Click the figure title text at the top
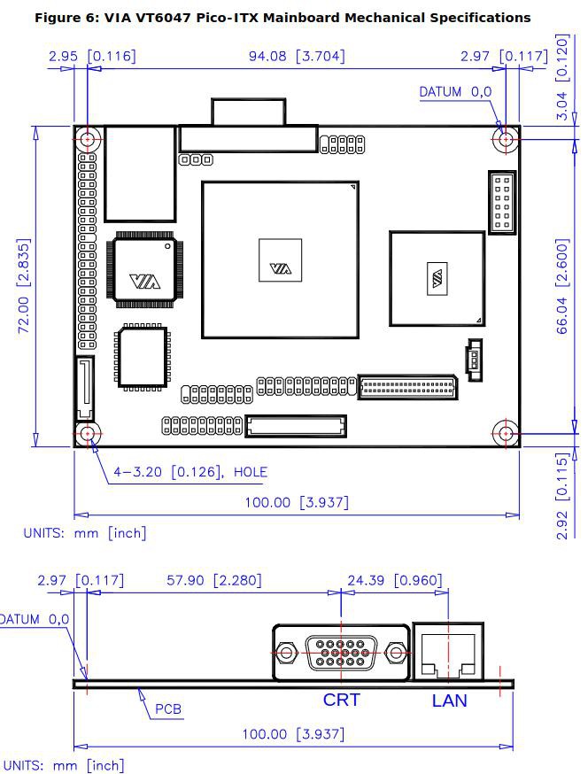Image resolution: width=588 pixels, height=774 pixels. (282, 19)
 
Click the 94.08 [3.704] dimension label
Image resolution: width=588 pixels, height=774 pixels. (297, 57)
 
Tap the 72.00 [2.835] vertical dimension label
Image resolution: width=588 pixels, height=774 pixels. (24, 286)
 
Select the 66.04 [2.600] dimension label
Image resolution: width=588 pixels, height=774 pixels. (562, 286)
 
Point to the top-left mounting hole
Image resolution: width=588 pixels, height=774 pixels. (88, 139)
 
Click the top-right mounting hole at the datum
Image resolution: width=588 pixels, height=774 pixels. (505, 139)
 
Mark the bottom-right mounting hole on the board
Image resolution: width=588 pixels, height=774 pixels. (505, 434)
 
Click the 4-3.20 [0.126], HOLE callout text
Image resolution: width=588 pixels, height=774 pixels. (190, 472)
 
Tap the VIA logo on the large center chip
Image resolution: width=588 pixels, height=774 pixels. (281, 269)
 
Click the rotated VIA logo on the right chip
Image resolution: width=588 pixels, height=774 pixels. (437, 278)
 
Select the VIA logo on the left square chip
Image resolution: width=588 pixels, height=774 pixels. (145, 282)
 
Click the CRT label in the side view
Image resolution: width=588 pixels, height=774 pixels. (342, 700)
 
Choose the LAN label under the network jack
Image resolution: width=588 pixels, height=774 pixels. (449, 700)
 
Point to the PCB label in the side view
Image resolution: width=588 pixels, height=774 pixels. (168, 709)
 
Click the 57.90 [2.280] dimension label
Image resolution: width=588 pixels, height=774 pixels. (213, 580)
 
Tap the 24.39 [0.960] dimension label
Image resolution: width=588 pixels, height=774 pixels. (395, 580)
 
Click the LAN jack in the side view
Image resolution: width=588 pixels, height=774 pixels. (448, 651)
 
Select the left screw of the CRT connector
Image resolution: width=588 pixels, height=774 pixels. (286, 653)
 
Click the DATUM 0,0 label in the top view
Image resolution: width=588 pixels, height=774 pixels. (455, 92)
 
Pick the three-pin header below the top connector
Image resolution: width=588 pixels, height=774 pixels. (196, 159)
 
